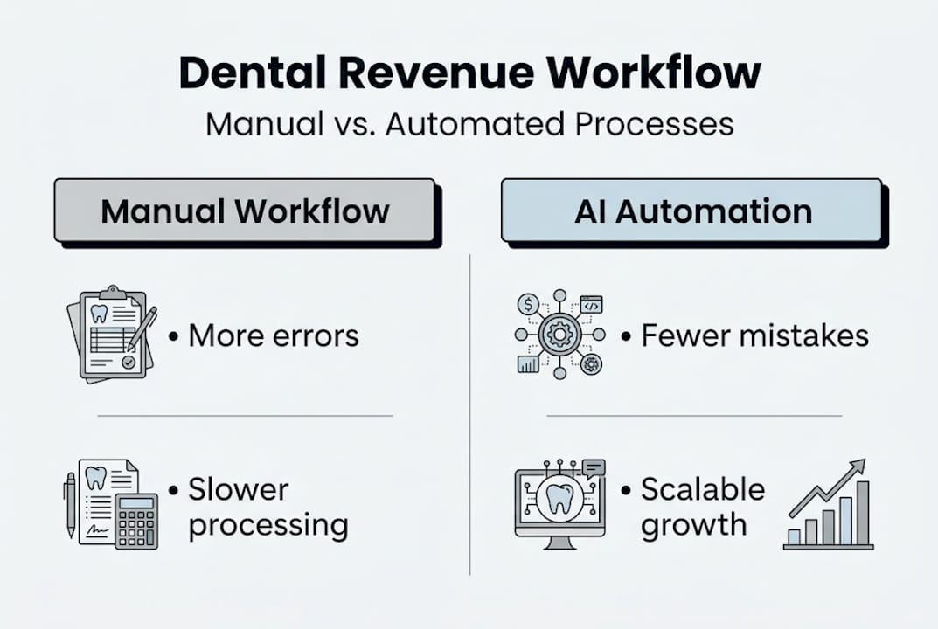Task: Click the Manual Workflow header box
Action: click(245, 211)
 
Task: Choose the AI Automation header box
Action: click(691, 211)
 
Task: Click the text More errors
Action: click(273, 336)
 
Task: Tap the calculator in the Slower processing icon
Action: click(136, 520)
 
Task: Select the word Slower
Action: click(239, 490)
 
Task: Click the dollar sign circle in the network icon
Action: click(528, 303)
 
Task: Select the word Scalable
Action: click(703, 490)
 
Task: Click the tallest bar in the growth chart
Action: click(862, 512)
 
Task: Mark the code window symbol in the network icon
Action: click(591, 304)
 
